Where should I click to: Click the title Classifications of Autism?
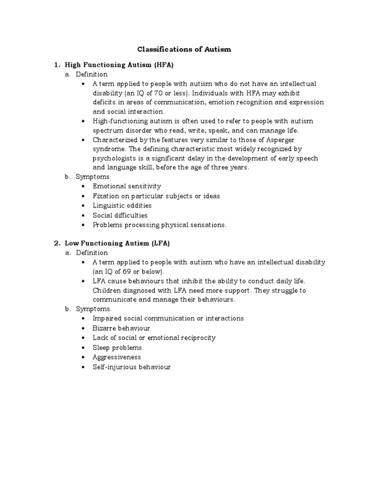[x=184, y=49]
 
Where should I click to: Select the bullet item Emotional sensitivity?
[x=127, y=186]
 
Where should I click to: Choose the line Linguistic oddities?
[x=122, y=206]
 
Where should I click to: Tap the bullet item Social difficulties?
[x=120, y=215]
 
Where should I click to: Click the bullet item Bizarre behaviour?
[x=121, y=328]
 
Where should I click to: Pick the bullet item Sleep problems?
[x=117, y=347]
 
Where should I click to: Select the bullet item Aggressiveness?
[x=117, y=357]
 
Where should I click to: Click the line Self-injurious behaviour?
[x=132, y=367]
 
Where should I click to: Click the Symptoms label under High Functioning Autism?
[x=93, y=177]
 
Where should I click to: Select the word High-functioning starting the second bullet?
[x=120, y=121]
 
